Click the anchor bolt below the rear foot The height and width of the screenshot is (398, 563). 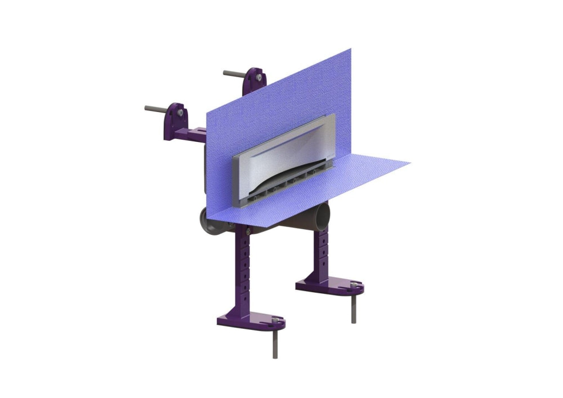point(354,307)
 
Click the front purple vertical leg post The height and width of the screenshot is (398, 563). point(245,270)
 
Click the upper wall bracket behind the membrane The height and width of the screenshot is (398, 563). point(254,82)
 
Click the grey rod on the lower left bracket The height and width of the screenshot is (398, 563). point(155,108)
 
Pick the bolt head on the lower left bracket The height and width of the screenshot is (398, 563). point(180,113)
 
